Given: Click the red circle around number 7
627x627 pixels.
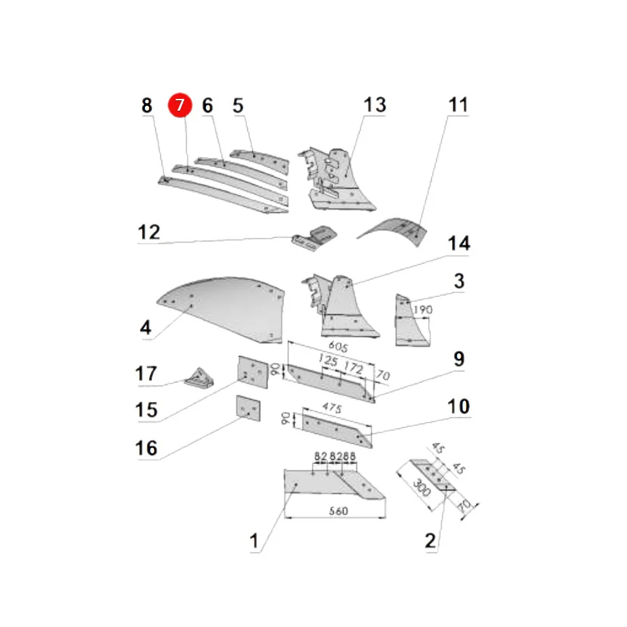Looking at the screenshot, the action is [x=180, y=105].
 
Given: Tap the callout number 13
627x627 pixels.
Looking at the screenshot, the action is [x=375, y=104].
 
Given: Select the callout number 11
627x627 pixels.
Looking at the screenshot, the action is [x=458, y=104].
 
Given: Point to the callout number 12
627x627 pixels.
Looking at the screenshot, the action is [x=149, y=232].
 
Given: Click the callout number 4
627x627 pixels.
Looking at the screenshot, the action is [x=146, y=327].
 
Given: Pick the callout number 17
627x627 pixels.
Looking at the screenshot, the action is [x=146, y=373].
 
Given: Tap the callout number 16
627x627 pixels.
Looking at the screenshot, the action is [x=146, y=448].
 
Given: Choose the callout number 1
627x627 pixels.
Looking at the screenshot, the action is [x=254, y=541].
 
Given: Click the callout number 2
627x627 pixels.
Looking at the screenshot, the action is [x=431, y=541].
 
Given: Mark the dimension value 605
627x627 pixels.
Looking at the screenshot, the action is [x=339, y=346].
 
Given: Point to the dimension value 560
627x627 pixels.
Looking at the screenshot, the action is [x=339, y=511].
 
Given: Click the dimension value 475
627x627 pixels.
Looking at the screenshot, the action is [x=332, y=408].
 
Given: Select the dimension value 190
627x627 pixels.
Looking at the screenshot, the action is [x=423, y=309].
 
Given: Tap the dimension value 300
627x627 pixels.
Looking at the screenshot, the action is [x=421, y=487].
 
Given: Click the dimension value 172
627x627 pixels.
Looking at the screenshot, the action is [x=353, y=366].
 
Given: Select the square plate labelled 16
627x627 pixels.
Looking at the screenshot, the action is [x=248, y=408].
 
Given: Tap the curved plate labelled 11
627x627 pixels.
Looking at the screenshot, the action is [x=394, y=231].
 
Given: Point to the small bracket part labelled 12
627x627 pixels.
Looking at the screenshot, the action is [x=314, y=238].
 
